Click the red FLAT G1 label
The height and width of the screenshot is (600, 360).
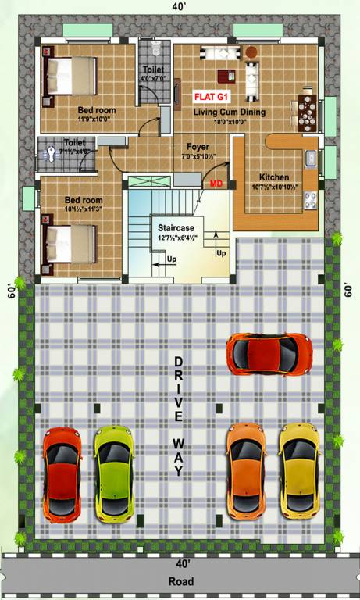tap(212, 98)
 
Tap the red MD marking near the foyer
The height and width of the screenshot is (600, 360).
tap(216, 183)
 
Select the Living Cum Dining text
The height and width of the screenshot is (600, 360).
tap(230, 112)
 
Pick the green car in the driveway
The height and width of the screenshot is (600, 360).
tap(112, 473)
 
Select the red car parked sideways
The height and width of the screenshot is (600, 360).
tap(268, 353)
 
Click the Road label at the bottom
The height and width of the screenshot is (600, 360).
tap(181, 582)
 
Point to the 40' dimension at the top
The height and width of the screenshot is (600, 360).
tap(181, 8)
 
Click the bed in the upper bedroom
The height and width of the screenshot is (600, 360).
tap(71, 74)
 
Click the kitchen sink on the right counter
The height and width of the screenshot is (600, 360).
tap(310, 159)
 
